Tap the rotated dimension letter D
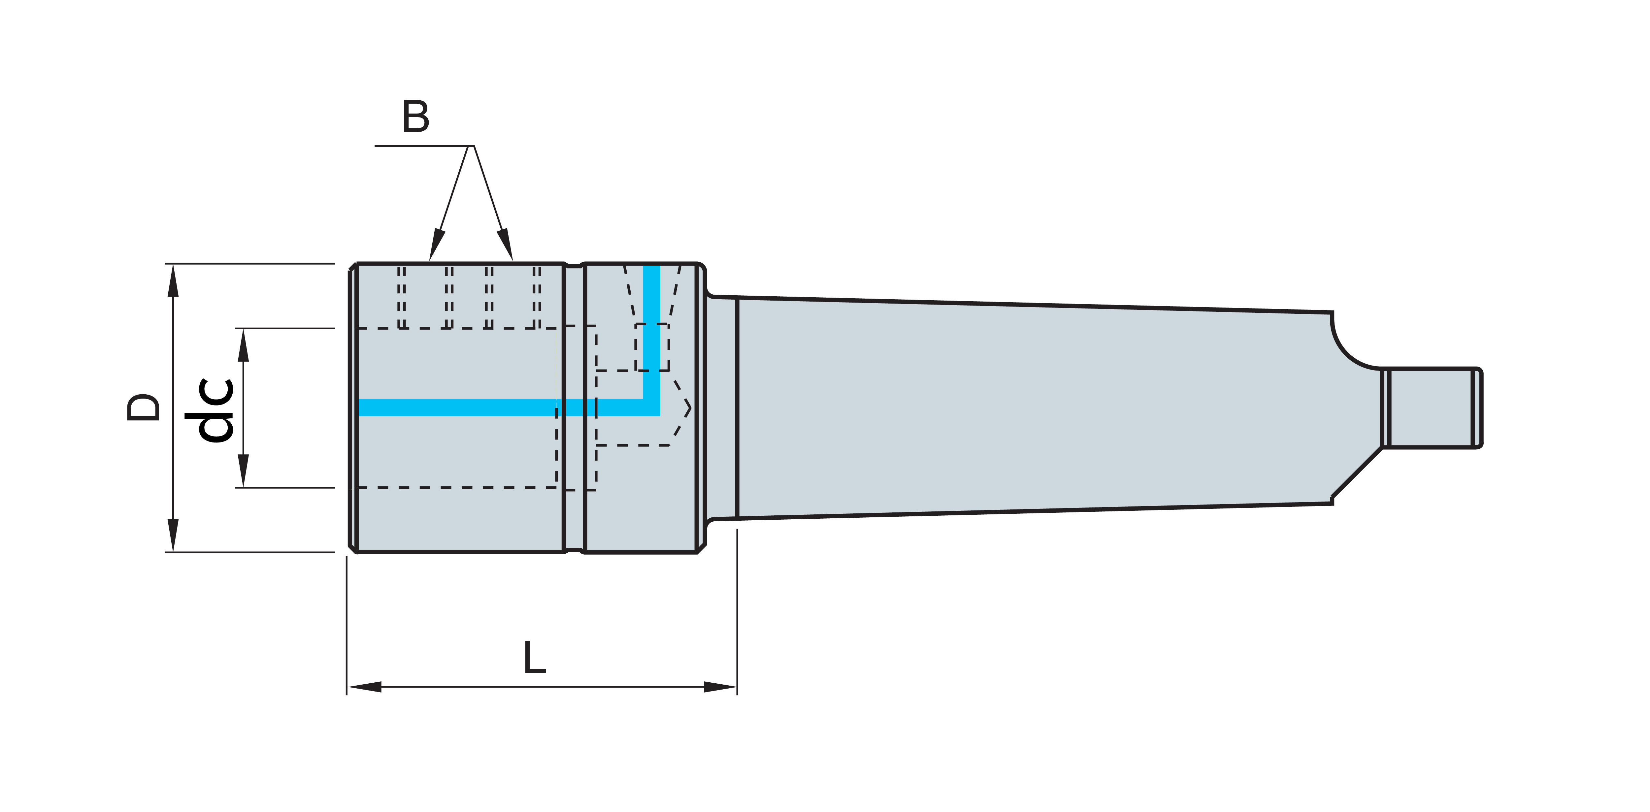(x=144, y=407)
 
